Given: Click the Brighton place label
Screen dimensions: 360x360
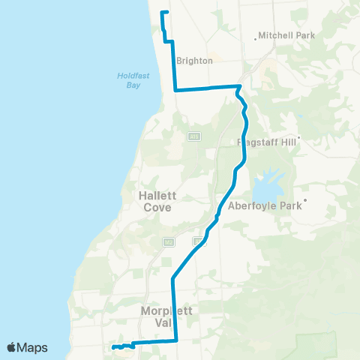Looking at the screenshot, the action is (194, 61).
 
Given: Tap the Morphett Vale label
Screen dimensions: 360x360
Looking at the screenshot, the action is (159, 316).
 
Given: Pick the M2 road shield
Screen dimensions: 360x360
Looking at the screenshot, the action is (169, 241).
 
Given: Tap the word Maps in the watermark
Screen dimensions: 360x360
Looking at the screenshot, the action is (33, 347).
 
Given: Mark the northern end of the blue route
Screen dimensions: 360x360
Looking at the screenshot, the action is (163, 12).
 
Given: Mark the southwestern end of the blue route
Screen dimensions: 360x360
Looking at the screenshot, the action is (112, 347).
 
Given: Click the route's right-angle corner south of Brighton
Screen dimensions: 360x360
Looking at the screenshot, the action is (175, 90).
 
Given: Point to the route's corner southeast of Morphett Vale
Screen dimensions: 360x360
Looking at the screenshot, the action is (175, 340).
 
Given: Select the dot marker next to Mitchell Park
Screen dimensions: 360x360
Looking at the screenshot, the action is (256, 35).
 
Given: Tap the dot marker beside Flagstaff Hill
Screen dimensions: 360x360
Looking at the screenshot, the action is (298, 138).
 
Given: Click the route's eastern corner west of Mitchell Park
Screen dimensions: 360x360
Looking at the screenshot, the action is (238, 88).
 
